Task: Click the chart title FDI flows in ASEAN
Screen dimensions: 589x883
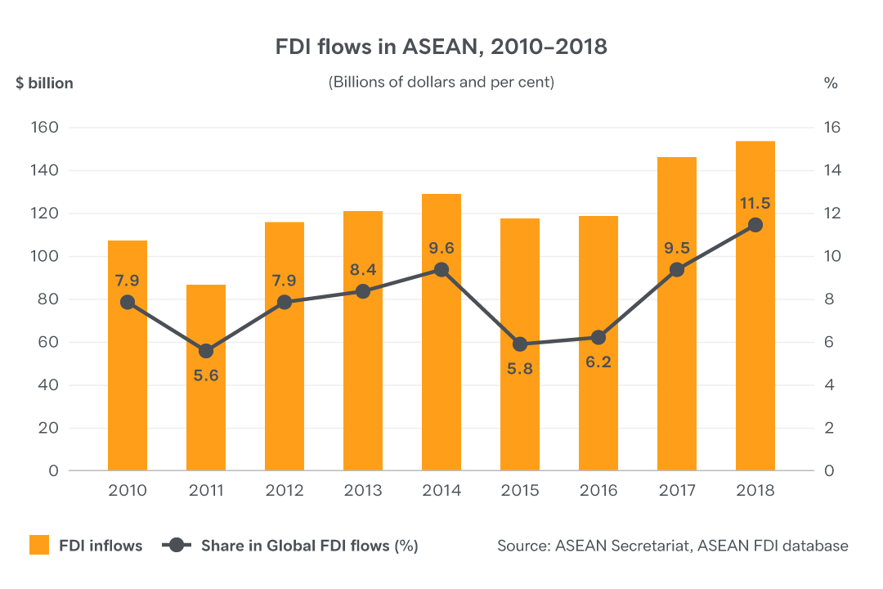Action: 441,47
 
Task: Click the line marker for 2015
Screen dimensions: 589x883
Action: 520,344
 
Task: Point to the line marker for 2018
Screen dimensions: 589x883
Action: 755,225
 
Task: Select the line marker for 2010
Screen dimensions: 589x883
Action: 128,302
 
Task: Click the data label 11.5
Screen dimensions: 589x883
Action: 755,203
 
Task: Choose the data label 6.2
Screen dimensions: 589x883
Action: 598,361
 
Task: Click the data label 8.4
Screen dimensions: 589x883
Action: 363,269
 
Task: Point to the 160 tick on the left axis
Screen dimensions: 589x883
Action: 46,128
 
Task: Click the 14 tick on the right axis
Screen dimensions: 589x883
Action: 831,171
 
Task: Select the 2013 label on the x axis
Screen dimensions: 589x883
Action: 363,491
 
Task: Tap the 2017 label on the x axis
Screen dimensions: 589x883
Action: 677,491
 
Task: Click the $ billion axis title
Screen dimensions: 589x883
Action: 44,83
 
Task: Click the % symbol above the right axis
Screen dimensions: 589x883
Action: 831,83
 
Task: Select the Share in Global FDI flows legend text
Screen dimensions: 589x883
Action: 310,546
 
